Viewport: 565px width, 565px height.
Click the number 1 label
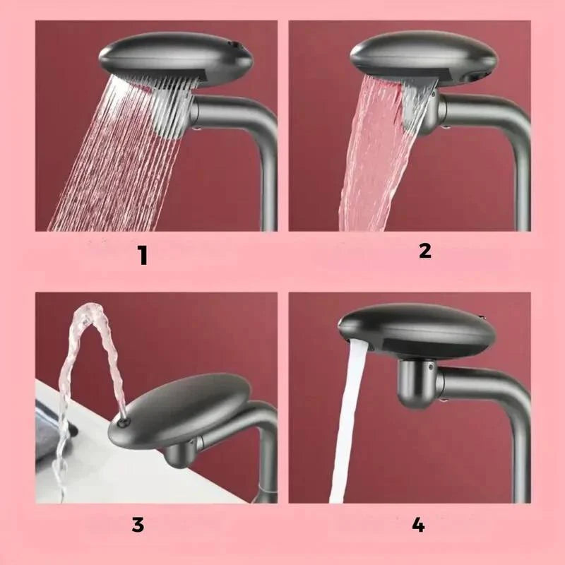pos(143,255)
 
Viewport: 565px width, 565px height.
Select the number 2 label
pos(424,250)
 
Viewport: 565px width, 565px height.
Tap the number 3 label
pos(138,525)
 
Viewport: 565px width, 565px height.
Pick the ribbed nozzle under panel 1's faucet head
pos(169,109)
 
